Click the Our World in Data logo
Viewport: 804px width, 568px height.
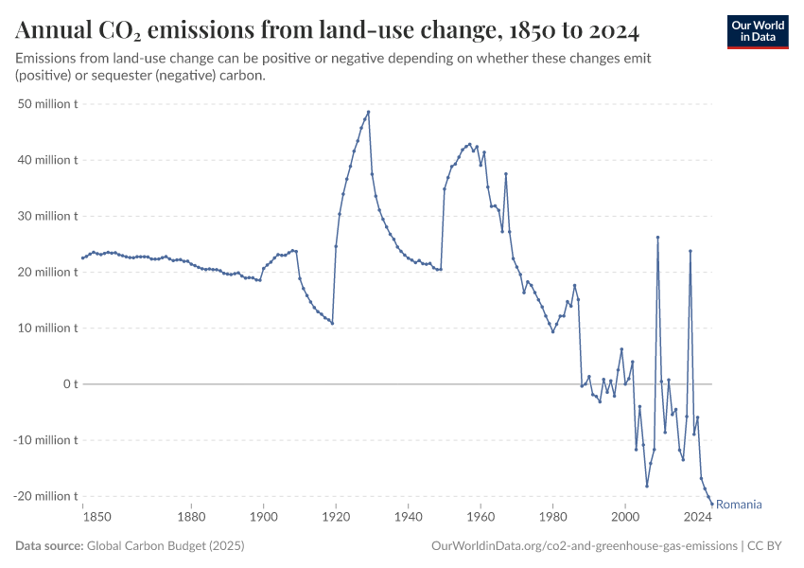(x=758, y=31)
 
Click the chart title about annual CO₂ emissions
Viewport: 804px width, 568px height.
(x=327, y=31)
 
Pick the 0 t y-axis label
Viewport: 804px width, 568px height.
(x=65, y=384)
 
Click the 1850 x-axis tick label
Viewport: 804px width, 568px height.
(x=96, y=517)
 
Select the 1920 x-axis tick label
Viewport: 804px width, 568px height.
(x=336, y=517)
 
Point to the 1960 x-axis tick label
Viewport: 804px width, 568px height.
(x=481, y=517)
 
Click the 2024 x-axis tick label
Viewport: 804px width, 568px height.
(x=698, y=517)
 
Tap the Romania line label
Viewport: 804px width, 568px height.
(x=739, y=505)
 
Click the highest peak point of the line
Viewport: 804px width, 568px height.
(x=368, y=112)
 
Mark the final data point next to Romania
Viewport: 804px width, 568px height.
(x=711, y=504)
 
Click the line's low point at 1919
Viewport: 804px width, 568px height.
(x=332, y=324)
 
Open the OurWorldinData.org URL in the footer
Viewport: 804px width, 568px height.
(x=584, y=546)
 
